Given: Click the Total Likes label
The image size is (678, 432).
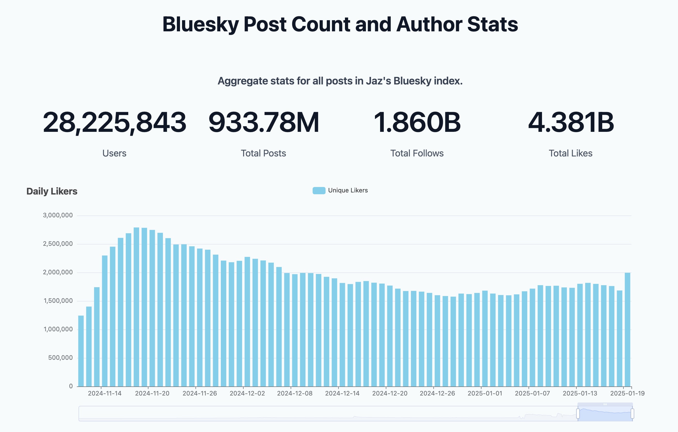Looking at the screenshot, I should coord(570,153).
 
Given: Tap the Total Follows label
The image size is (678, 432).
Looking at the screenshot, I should coord(417,153).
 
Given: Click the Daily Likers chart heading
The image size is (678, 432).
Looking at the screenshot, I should coord(52,191).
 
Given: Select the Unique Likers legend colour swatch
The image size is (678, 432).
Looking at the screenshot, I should coord(319,191).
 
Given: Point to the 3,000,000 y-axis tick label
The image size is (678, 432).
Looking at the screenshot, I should coord(58,215).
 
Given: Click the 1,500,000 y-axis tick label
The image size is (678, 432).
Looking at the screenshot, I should coord(58,301).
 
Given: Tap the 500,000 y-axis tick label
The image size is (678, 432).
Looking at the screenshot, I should coord(60,358).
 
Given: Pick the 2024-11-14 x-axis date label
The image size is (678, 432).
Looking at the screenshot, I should coord(104,393).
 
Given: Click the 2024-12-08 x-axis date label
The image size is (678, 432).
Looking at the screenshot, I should coord(295,393).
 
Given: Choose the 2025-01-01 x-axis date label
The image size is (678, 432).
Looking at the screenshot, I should coord(485,393).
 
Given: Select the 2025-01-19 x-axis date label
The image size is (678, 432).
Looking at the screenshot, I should coord(627,393).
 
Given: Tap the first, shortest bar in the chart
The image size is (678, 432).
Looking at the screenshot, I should coord(81,351).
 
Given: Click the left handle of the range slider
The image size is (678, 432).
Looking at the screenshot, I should coord(578,414).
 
